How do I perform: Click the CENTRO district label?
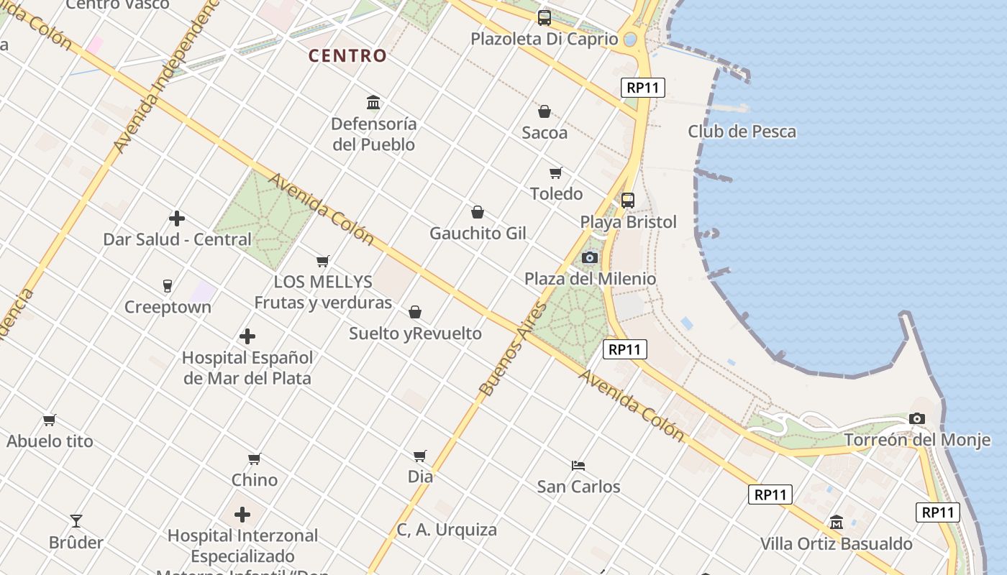click(x=347, y=55)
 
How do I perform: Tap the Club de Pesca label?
click(x=742, y=132)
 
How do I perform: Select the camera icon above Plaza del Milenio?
click(x=590, y=257)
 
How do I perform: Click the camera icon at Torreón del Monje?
click(x=916, y=418)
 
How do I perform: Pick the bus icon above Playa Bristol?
click(x=628, y=201)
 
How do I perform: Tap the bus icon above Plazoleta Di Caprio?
click(x=544, y=18)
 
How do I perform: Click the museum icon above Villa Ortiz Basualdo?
click(x=837, y=522)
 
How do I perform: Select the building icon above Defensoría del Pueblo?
click(x=373, y=103)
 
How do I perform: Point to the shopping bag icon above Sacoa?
click(x=544, y=111)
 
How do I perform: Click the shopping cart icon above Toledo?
click(x=555, y=172)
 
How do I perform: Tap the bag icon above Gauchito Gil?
click(x=477, y=212)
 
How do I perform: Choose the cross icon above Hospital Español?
click(x=247, y=336)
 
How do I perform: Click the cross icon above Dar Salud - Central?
click(x=177, y=218)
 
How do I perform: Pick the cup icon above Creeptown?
click(x=168, y=286)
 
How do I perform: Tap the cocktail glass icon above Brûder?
click(x=76, y=520)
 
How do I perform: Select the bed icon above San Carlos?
click(x=578, y=465)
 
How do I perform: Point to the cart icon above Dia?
click(x=420, y=456)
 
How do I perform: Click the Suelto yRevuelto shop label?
click(x=415, y=333)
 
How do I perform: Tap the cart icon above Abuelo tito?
click(x=50, y=420)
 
